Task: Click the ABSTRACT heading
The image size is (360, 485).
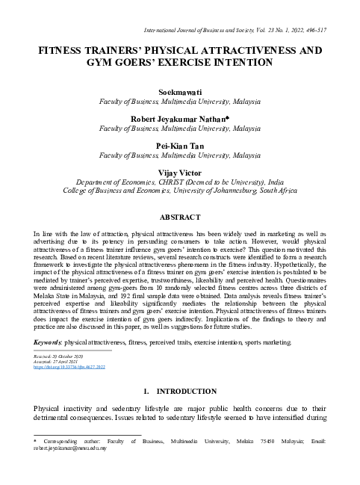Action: (180, 217)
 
